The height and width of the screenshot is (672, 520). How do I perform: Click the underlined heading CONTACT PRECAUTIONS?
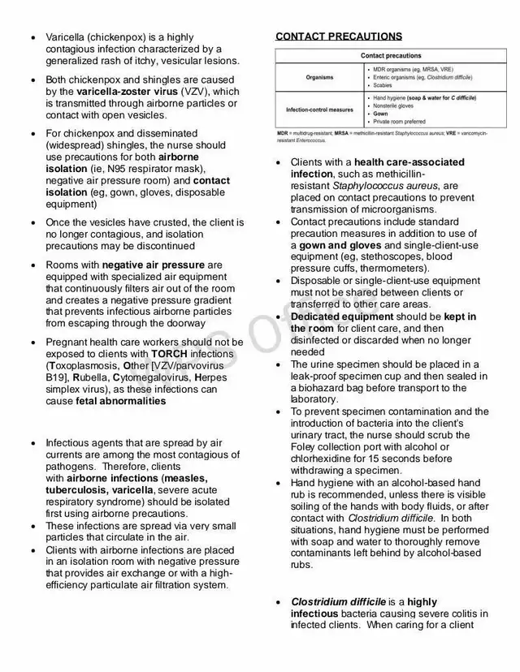pyautogui.click(x=338, y=37)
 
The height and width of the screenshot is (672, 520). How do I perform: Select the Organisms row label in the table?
pyautogui.click(x=319, y=78)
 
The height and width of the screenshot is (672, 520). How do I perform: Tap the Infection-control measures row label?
pyautogui.click(x=319, y=110)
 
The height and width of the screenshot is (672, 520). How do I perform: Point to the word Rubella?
pyautogui.click(x=93, y=377)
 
